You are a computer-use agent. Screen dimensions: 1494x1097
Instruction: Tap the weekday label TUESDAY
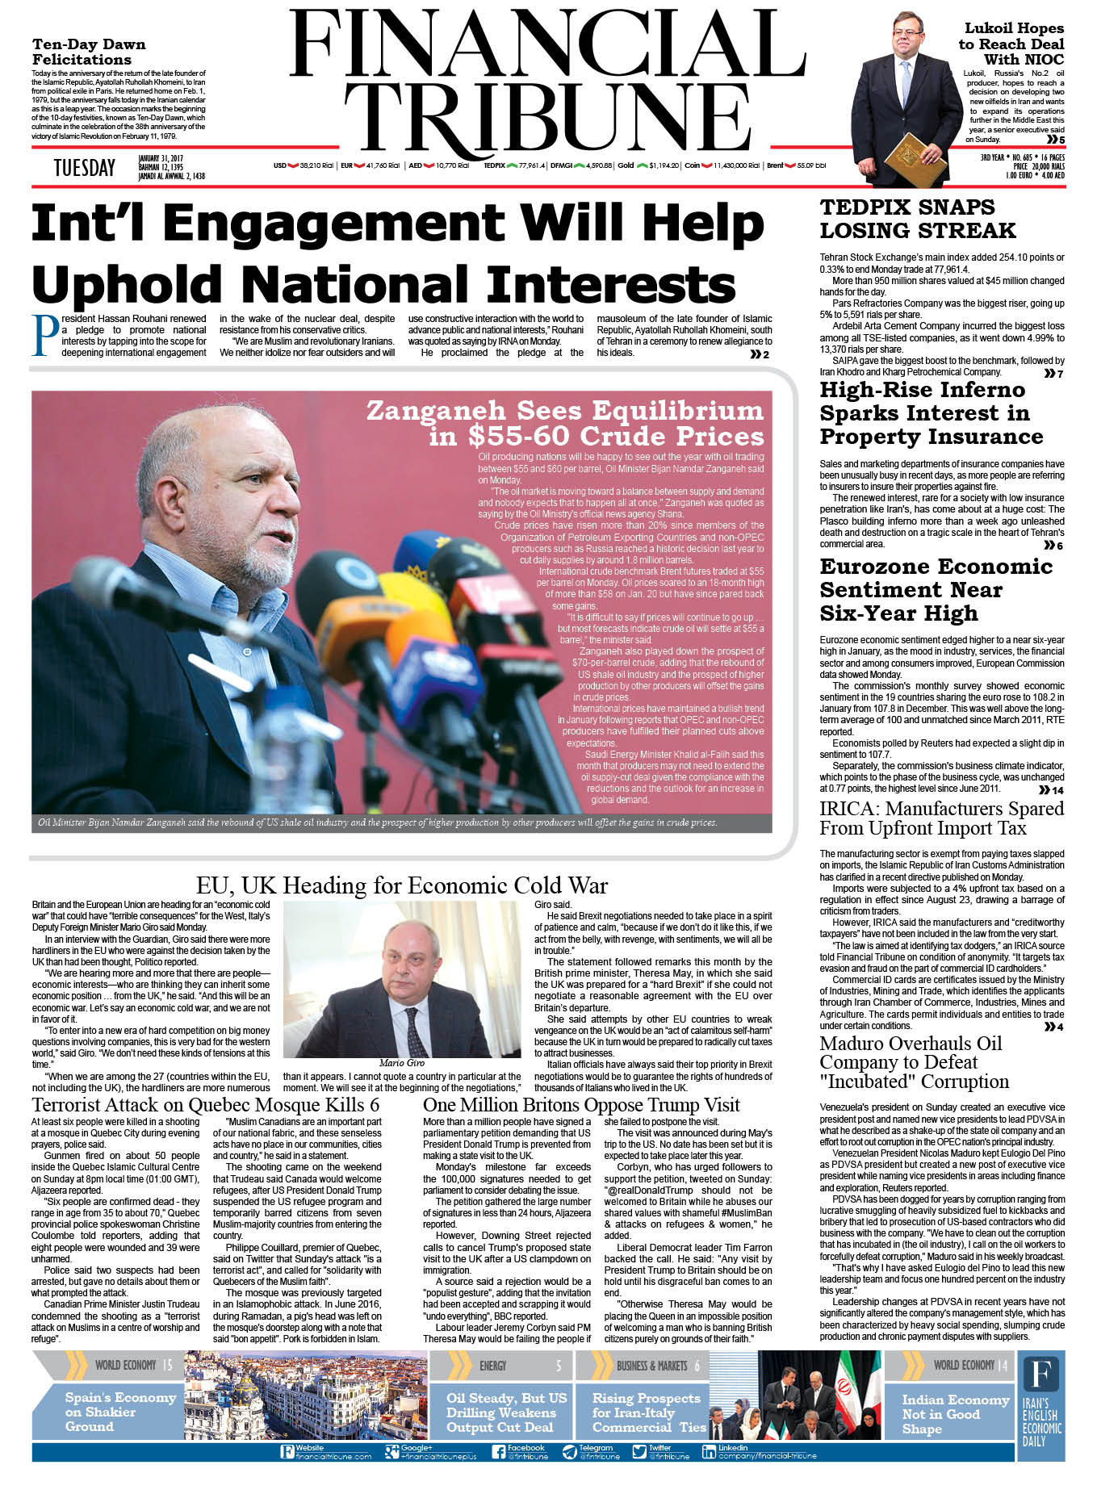tap(84, 168)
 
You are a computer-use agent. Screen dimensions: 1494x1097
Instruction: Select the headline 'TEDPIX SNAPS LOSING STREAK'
tap(917, 219)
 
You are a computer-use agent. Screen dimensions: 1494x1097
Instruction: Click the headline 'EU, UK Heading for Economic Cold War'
tap(401, 885)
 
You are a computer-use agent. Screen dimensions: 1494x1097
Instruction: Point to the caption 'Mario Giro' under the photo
tap(401, 1063)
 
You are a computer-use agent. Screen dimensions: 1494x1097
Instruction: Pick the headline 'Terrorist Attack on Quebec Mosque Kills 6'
tap(205, 1105)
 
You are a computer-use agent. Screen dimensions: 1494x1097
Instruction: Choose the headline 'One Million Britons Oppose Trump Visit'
tap(581, 1105)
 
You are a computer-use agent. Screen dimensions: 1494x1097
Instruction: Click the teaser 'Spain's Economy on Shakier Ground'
tap(119, 1412)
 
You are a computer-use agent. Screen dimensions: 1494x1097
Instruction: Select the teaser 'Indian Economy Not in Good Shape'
tap(955, 1413)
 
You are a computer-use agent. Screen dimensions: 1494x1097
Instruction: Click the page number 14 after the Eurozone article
tap(1057, 790)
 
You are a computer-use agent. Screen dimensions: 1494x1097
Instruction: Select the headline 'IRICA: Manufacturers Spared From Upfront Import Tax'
tap(941, 818)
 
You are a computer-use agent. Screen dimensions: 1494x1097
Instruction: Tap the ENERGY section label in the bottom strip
tap(492, 1366)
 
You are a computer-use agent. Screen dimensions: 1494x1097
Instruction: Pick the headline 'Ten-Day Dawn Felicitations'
tap(89, 52)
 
